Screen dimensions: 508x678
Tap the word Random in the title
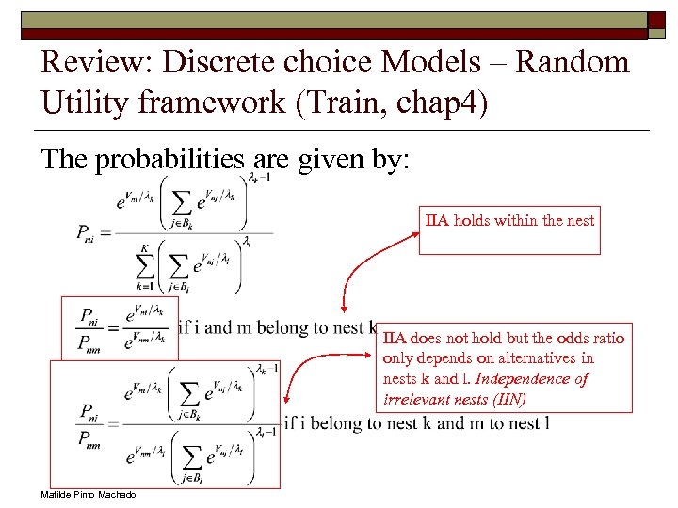coord(574,63)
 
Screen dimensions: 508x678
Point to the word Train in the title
coord(338,102)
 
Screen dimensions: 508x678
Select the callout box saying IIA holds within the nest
coord(509,230)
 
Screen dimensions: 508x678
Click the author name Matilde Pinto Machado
coord(89,495)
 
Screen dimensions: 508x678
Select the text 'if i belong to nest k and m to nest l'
coord(416,423)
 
